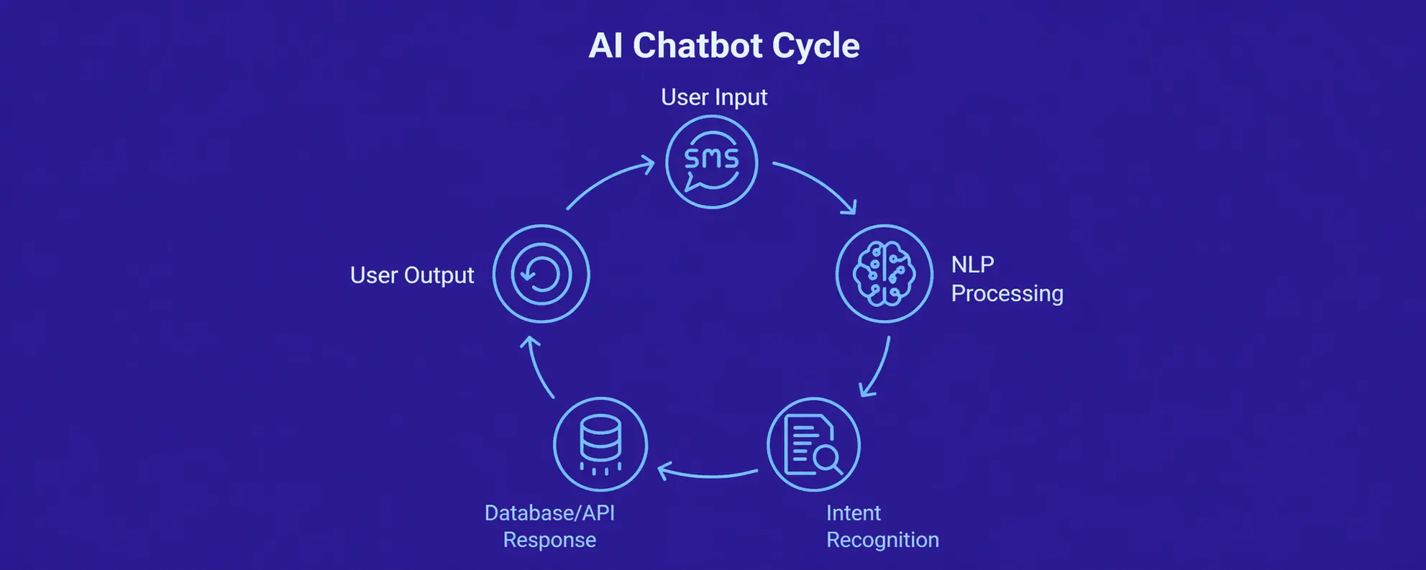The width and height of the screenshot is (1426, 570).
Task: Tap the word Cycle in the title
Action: (x=815, y=46)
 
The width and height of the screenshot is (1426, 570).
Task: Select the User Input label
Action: (x=713, y=97)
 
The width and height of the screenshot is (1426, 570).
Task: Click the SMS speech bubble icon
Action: (x=711, y=162)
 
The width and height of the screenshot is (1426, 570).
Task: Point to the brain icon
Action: (x=884, y=274)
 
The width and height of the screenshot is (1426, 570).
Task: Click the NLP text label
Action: (x=972, y=265)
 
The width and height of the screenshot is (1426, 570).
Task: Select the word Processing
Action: (x=1007, y=293)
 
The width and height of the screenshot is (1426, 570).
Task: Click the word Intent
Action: (x=853, y=513)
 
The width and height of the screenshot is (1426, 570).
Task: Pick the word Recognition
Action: (x=882, y=540)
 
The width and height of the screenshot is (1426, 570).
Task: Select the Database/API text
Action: (x=549, y=513)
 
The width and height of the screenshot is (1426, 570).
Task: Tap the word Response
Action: (x=549, y=540)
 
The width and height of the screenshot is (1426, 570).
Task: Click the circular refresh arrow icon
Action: (x=541, y=274)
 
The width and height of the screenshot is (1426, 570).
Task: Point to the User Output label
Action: (x=411, y=275)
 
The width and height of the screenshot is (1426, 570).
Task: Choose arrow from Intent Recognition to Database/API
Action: (x=708, y=474)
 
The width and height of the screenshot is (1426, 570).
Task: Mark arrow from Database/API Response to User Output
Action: (x=539, y=368)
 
